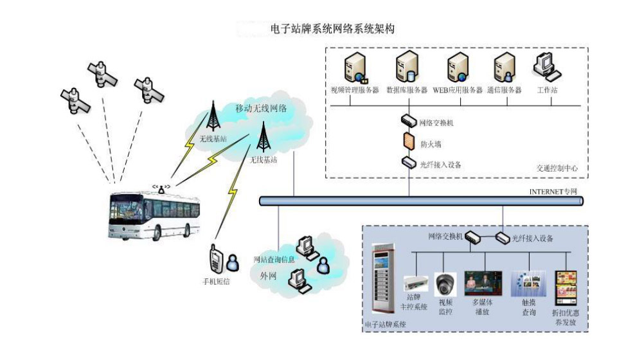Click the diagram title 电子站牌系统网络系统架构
click(x=333, y=29)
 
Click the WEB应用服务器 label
click(x=457, y=91)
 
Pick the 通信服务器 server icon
click(x=503, y=68)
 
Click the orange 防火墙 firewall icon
click(x=408, y=141)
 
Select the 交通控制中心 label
click(x=557, y=168)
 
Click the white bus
click(x=154, y=215)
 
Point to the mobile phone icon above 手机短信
click(x=215, y=258)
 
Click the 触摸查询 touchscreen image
click(x=528, y=283)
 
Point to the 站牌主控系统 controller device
click(x=415, y=283)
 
